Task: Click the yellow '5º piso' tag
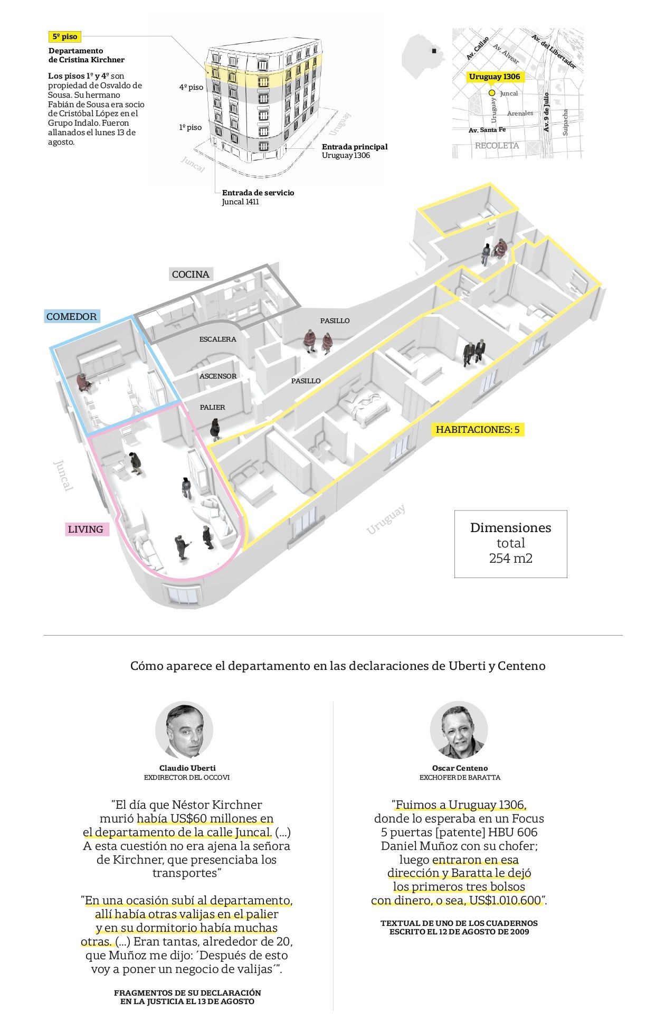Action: (x=65, y=37)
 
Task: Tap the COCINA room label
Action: (x=191, y=274)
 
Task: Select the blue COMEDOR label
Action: (x=72, y=317)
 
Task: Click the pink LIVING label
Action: (x=85, y=529)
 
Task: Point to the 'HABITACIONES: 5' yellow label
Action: (x=478, y=430)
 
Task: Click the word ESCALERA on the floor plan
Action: (x=217, y=339)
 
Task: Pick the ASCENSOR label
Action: (x=218, y=376)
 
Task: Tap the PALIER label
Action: (x=212, y=408)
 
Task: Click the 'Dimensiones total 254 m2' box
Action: (x=510, y=544)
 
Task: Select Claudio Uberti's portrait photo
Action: (x=184, y=730)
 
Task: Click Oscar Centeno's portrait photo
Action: (x=459, y=730)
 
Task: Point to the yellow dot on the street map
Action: (x=492, y=93)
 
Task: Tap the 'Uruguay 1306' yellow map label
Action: (x=495, y=77)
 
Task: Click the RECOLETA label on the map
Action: (x=497, y=146)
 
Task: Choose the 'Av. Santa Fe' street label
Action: (x=487, y=130)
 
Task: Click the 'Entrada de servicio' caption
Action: (x=258, y=193)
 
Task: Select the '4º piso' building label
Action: (x=191, y=87)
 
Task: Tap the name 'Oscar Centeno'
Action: (x=460, y=768)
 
